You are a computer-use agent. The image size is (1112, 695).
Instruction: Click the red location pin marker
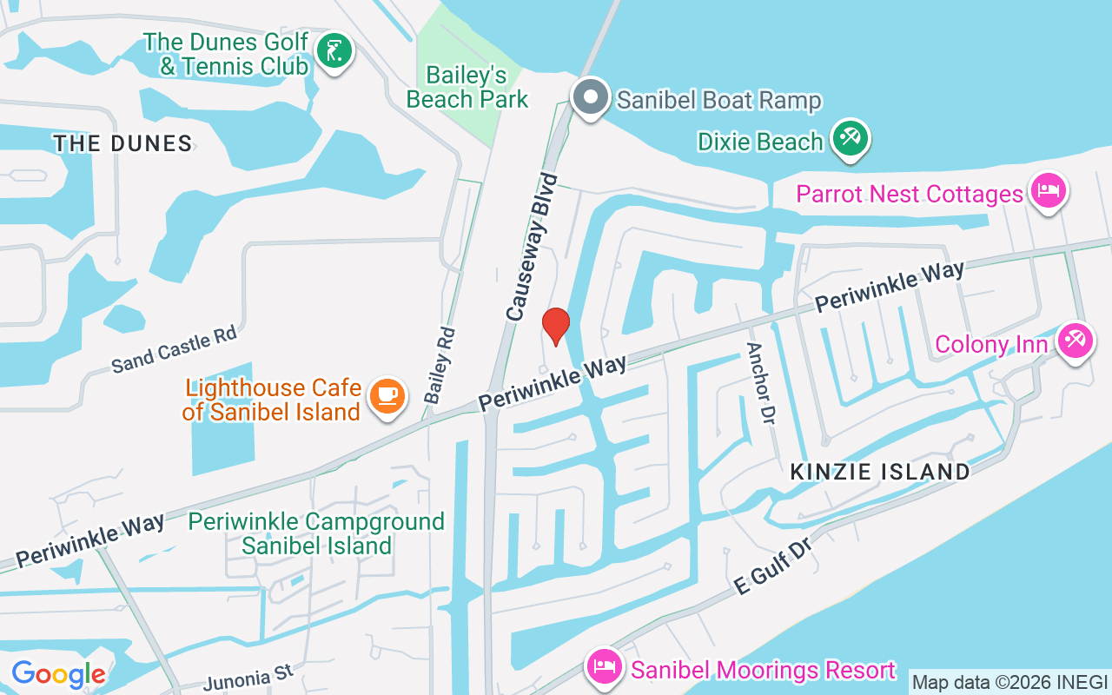[x=556, y=326]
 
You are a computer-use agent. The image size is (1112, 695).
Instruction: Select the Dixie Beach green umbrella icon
[x=850, y=139]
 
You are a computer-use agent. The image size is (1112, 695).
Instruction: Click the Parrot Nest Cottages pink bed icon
[x=1048, y=191]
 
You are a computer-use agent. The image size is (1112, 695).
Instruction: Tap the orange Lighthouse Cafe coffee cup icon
[x=387, y=397]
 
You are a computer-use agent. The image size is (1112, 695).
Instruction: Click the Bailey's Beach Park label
[x=467, y=88]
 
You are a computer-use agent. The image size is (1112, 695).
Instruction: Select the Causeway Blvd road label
[x=530, y=247]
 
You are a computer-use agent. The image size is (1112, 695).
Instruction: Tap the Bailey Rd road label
[x=440, y=365]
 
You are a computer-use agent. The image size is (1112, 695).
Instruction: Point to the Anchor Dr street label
[x=759, y=383]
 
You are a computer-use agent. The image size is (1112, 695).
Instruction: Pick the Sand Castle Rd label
[x=174, y=350]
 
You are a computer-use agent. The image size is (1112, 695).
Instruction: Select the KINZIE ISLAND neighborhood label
[x=880, y=472]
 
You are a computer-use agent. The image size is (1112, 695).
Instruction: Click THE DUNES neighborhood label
[x=122, y=143]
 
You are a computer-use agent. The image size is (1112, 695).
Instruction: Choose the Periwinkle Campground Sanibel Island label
[x=316, y=533]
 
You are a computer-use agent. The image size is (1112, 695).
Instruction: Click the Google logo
[x=58, y=674]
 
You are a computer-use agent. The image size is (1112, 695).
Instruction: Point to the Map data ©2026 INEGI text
[x=1009, y=682]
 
